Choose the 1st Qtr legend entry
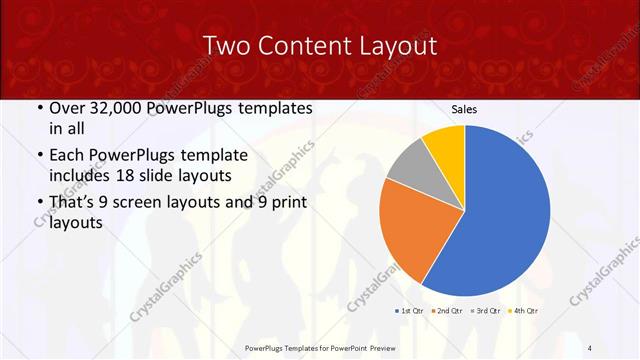coord(410,312)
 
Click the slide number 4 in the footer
coord(590,347)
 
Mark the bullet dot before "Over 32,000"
coord(39,108)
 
